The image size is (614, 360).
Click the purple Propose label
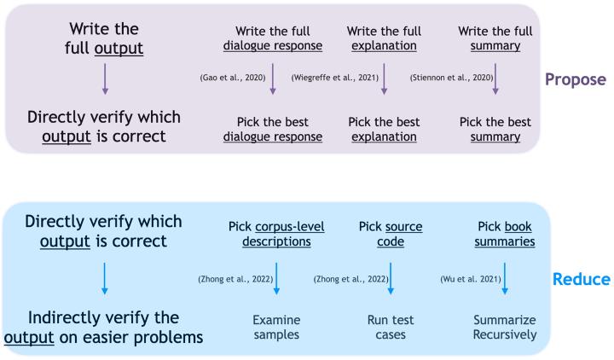tap(576, 79)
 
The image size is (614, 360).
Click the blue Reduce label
tap(581, 279)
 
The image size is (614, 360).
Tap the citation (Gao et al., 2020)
tap(233, 78)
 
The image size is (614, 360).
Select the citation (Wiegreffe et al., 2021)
tap(335, 78)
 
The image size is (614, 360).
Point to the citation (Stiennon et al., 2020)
tap(451, 78)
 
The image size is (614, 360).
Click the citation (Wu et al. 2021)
tap(471, 279)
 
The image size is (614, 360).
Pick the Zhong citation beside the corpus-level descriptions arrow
tap(235, 279)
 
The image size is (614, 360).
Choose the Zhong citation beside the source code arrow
tap(350, 279)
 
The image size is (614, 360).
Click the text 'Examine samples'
tap(276, 327)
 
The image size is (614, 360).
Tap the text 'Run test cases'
tap(391, 327)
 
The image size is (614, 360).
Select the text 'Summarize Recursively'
tap(505, 327)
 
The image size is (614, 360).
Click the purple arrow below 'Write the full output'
tap(105, 79)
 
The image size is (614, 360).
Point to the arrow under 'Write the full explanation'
tap(384, 79)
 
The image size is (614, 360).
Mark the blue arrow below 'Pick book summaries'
tap(505, 278)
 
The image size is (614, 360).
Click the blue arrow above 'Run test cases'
tap(391, 278)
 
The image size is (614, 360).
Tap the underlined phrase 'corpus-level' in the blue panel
tap(290, 227)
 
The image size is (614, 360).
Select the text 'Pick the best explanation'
tap(384, 130)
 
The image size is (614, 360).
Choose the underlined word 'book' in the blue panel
tap(518, 226)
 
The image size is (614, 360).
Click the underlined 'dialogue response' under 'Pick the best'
tap(273, 136)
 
